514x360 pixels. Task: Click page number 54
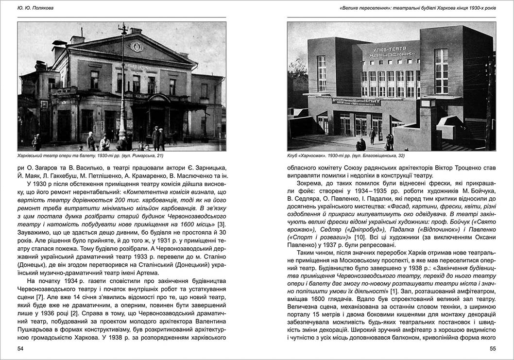coord(20,349)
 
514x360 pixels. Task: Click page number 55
coord(492,349)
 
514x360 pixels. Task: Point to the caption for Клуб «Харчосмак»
coord(345,156)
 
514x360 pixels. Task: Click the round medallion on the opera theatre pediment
coord(137,47)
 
